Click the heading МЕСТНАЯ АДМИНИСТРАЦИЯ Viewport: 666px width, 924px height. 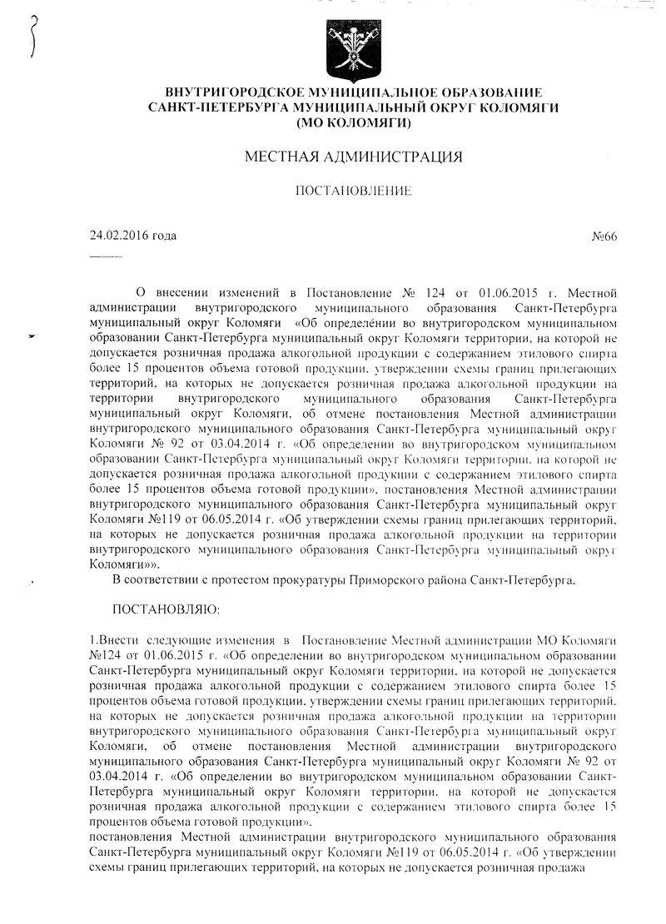coord(354,156)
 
